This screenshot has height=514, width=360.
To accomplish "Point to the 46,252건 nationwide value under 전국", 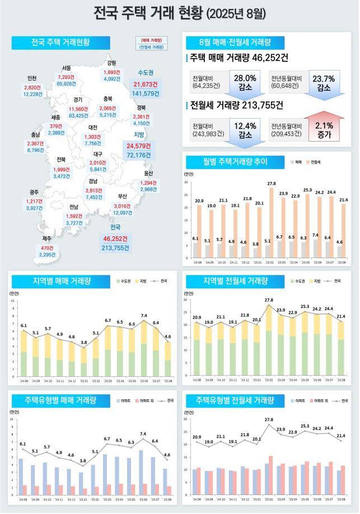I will pos(115,239).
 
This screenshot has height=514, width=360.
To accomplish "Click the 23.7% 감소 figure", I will pos(324,82).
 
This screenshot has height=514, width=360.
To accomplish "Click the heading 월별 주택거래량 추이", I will pos(235,162).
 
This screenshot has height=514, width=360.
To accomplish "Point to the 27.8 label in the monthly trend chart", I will pos(272,183).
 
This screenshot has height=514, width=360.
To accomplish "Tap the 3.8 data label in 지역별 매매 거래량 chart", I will pos(84,342).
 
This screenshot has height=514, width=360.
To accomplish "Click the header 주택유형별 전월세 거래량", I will pos(235,401).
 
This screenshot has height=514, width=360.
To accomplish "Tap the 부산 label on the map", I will pos(122,197).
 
